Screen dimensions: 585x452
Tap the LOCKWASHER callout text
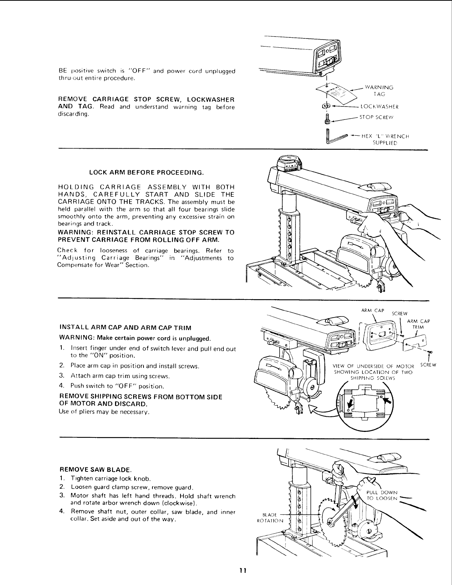click(377, 108)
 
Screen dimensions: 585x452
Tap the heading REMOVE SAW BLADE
click(95, 470)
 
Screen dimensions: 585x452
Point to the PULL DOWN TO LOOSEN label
click(382, 495)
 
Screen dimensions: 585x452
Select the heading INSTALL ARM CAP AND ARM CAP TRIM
click(125, 328)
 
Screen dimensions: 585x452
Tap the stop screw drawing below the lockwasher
click(327, 119)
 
